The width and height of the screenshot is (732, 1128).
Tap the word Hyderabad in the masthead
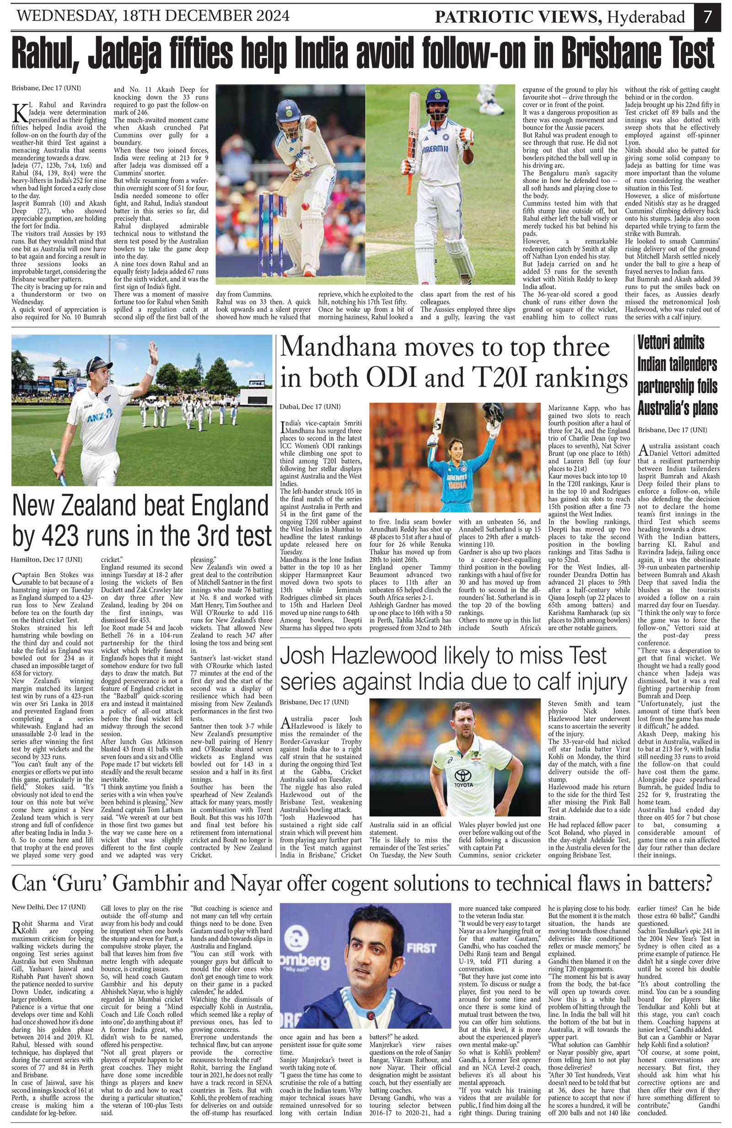coord(646,17)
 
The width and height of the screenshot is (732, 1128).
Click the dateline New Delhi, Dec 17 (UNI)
coord(49,906)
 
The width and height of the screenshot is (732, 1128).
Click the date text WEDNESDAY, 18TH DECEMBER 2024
coord(153,16)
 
